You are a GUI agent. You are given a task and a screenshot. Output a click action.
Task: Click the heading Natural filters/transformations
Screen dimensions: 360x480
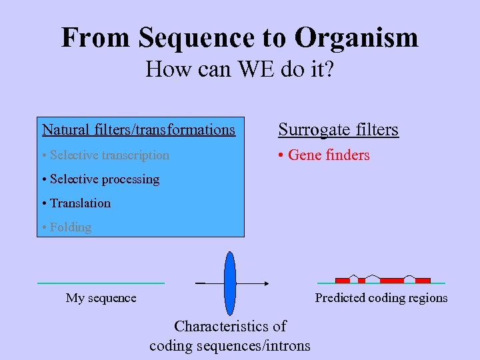pos(139,129)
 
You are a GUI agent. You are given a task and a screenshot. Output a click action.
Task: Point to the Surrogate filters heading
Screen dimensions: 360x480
pos(338,129)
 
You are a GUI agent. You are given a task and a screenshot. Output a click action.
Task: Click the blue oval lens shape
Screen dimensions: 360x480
pos(230,283)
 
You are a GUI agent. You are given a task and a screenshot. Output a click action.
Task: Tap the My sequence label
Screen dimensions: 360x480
pos(101,298)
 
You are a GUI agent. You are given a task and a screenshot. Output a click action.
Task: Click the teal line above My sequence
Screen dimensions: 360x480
pos(101,283)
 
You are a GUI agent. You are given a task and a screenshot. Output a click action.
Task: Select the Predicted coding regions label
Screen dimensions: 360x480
pos(381,298)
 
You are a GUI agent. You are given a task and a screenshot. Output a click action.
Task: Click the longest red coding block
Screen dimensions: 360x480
pos(392,281)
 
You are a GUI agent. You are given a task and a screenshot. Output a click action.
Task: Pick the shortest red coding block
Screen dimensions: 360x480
pos(361,281)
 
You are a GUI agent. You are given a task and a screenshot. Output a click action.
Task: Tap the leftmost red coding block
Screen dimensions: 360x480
pos(342,281)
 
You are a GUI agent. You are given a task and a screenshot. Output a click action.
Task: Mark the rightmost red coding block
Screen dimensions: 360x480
pos(423,281)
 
